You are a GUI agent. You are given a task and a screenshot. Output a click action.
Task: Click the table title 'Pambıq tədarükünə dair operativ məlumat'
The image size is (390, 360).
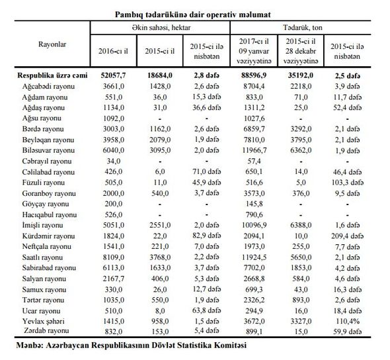pyautogui.click(x=193, y=15)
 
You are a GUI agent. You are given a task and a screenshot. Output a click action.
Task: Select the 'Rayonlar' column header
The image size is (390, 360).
pyautogui.click(x=52, y=44)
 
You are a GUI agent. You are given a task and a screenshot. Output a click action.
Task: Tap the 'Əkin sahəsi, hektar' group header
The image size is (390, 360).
pyautogui.click(x=161, y=27)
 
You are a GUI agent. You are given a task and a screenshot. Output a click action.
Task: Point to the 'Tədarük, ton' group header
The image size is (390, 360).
pyautogui.click(x=303, y=27)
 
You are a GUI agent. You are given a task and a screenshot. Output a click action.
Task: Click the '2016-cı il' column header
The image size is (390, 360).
pyautogui.click(x=114, y=51)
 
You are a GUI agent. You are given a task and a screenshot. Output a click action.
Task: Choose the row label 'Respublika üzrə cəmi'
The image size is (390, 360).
pyautogui.click(x=52, y=75)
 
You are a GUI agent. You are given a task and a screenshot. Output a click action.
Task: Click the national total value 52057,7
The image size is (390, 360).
pyautogui.click(x=114, y=75)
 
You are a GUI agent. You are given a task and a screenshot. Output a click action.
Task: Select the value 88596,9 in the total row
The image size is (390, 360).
pyautogui.click(x=254, y=75)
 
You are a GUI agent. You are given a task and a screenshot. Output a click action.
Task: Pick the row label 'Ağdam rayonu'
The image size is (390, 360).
pyautogui.click(x=45, y=97)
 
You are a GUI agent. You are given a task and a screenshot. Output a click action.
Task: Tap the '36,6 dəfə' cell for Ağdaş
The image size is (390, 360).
pyautogui.click(x=206, y=108)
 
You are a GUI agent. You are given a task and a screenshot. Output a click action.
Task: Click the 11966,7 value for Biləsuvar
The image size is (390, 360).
pyautogui.click(x=254, y=150)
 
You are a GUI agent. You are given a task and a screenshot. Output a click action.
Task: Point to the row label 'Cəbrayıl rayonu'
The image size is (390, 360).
pyautogui.click(x=47, y=161)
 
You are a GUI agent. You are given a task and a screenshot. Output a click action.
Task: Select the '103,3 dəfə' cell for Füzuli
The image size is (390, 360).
pyautogui.click(x=348, y=183)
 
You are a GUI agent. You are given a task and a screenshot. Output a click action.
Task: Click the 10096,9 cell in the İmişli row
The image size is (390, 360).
pyautogui.click(x=254, y=225)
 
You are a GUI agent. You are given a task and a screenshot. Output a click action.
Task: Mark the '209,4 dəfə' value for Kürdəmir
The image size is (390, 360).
pyautogui.click(x=348, y=236)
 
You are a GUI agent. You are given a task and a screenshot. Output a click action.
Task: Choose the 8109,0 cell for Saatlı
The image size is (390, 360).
pyautogui.click(x=114, y=257)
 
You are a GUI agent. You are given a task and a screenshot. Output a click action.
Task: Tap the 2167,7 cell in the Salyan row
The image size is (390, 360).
pyautogui.click(x=114, y=279)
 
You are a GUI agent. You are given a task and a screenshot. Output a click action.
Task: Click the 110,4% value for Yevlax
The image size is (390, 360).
pyautogui.click(x=348, y=321)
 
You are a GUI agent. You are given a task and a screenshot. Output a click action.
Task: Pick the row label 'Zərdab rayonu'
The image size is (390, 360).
pyautogui.click(x=46, y=331)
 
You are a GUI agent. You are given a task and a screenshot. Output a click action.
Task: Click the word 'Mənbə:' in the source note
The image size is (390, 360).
pyautogui.click(x=30, y=345)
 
